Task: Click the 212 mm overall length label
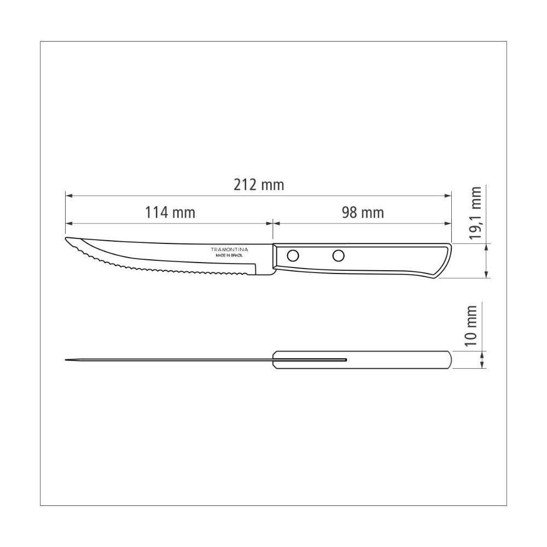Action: tap(259, 185)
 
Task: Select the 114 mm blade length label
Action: tap(170, 212)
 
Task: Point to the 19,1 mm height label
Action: tap(476, 213)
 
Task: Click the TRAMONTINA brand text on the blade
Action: tap(229, 249)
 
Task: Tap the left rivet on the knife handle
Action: tap(293, 255)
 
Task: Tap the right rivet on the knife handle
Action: tap(339, 255)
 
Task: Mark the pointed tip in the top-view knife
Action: tap(66, 359)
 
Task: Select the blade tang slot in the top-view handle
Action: tap(312, 359)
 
